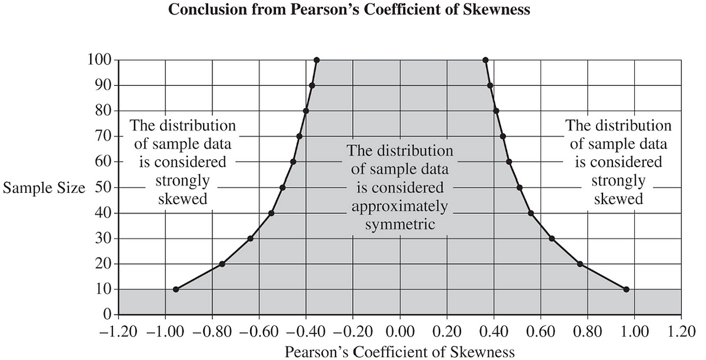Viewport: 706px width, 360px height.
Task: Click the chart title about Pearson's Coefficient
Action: pos(348,11)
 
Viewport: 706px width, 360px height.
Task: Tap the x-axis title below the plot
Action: pos(399,352)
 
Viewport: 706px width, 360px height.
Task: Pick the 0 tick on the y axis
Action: pos(108,315)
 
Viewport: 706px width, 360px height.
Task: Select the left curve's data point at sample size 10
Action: pos(176,289)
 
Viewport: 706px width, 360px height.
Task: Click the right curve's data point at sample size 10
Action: pos(626,289)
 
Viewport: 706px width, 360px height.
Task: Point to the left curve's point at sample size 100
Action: pos(317,60)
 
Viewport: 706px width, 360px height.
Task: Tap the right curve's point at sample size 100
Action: pos(485,60)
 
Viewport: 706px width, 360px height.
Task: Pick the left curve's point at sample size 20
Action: pos(222,264)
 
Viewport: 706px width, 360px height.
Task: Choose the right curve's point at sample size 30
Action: pos(552,238)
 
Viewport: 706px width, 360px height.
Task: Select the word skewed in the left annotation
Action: pos(183,199)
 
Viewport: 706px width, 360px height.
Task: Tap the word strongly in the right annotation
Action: pos(618,180)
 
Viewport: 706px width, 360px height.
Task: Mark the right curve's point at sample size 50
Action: pos(519,188)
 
